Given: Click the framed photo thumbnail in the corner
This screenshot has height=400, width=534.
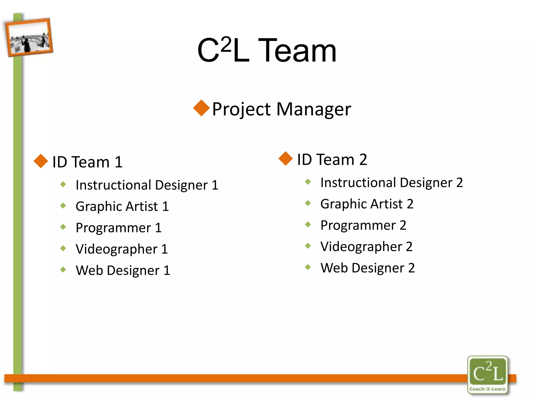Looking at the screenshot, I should coord(29,37).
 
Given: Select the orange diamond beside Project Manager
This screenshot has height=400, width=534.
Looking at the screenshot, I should coord(201,108).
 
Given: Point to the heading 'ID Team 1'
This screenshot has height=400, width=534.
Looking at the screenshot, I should coord(87,162).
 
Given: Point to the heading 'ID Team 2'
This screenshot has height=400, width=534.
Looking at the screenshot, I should coord(332,159).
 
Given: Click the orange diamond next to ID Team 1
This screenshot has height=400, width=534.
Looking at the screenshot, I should coord(41,161).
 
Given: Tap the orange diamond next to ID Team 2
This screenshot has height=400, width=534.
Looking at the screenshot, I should coord(286,158).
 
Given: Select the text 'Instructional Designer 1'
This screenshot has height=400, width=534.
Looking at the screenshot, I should coord(147,185).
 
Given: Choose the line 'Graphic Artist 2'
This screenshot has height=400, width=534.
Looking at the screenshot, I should coord(367,204).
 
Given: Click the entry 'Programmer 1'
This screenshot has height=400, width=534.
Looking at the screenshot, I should coord(119,228).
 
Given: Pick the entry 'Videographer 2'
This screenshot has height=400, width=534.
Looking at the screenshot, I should coord(366,247).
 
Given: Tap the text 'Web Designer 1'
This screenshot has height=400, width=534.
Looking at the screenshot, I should coord(123,270).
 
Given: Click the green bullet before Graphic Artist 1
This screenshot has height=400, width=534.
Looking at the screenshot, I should coord(63,206).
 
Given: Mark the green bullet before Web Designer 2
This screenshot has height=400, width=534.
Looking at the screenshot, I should coord(308,267).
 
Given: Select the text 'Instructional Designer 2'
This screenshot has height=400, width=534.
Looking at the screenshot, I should coord(391,183).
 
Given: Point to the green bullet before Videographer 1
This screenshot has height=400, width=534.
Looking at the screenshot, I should coord(63,248).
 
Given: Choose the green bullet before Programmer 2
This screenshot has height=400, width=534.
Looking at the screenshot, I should coord(308,224).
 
